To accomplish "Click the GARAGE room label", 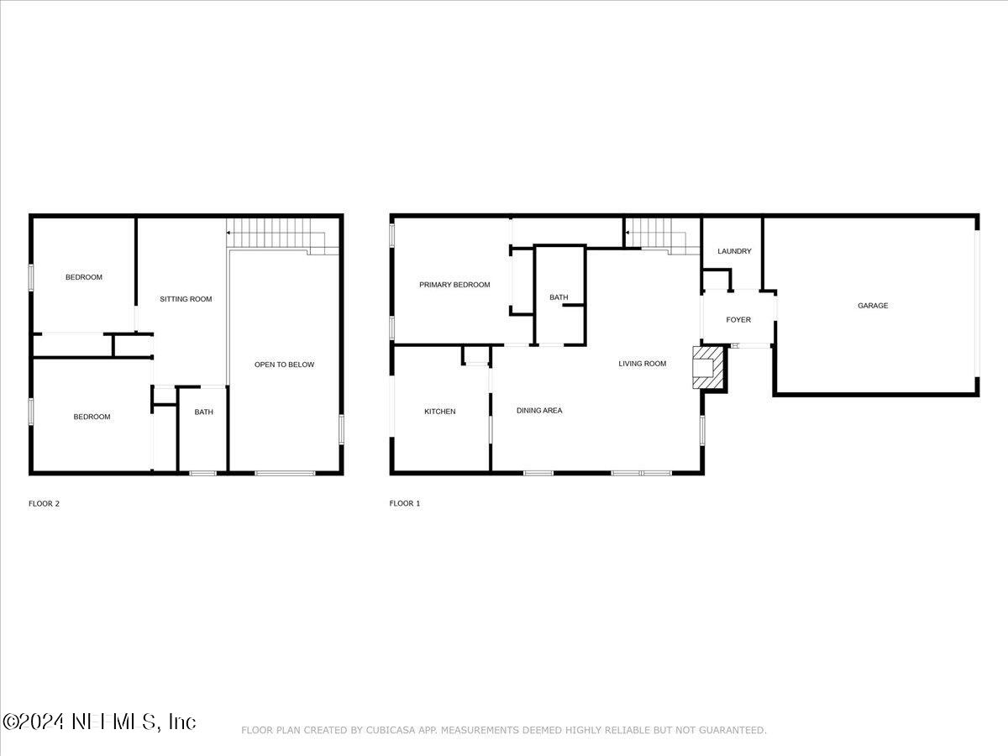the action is click(873, 305).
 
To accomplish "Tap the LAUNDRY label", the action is click(734, 251).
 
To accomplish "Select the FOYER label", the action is click(738, 319).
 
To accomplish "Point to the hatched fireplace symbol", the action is click(707, 368).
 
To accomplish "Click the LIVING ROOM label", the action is click(642, 364).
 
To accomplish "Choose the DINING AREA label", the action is click(539, 411).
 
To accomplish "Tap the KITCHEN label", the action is click(440, 412).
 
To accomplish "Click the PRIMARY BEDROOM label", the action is click(454, 285).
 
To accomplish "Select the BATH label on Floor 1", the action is click(559, 297).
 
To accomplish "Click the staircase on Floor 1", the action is click(662, 236).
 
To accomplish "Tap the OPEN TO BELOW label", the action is click(284, 365).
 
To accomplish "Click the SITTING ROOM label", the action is click(186, 299).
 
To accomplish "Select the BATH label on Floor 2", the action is click(204, 412).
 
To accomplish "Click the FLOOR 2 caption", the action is click(44, 503).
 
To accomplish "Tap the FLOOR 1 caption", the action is click(405, 503).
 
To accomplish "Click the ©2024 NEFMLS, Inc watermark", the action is click(99, 722).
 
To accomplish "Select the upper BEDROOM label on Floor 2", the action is click(83, 277).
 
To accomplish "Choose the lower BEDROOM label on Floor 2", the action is click(92, 417).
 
